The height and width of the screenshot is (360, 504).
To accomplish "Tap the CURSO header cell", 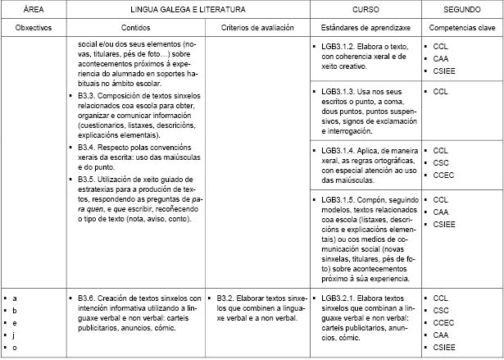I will tap(366, 11).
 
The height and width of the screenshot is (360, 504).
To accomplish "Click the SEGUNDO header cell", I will tap(461, 11).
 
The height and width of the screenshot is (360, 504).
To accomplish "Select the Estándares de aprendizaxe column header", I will tap(366, 28).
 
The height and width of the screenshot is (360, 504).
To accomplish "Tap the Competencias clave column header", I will tap(461, 28).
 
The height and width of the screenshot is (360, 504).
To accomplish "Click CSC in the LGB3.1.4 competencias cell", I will tap(441, 163).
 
